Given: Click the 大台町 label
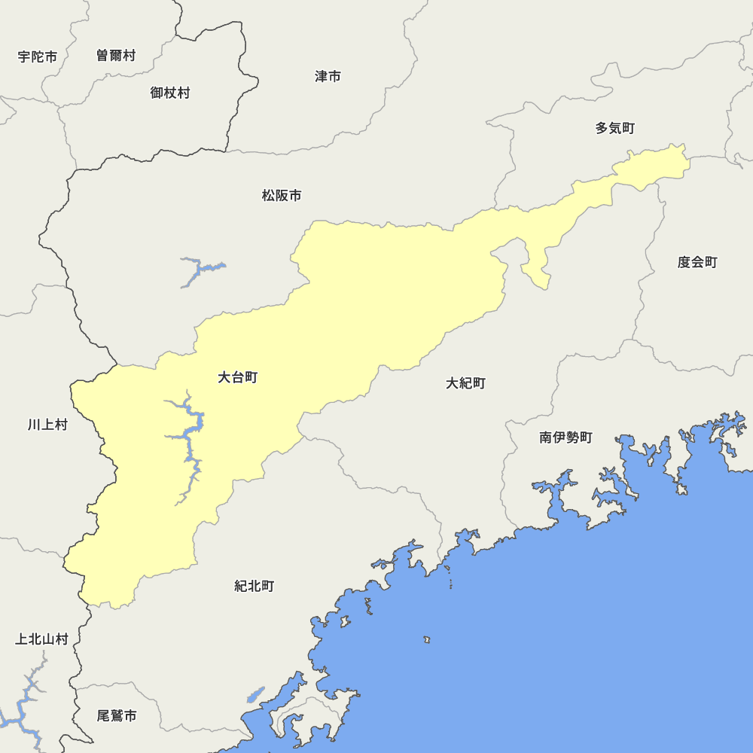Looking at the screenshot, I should tap(237, 377).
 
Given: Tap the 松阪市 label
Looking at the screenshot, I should tap(282, 196).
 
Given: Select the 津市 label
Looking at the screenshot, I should tap(328, 77).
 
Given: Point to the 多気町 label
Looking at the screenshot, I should tap(614, 129).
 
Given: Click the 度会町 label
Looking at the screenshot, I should tap(697, 262).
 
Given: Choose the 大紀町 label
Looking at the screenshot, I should tap(465, 383).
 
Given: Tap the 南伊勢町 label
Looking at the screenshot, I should tap(566, 437).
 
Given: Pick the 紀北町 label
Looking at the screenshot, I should tap(254, 586).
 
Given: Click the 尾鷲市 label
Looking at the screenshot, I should tap(117, 715).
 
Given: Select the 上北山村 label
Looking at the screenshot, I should tap(41, 639).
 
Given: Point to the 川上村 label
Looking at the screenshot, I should tap(47, 425).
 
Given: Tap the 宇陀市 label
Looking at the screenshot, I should tap(38, 56).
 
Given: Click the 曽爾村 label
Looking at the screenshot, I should tap(116, 55).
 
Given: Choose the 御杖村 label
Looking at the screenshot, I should tap(169, 93).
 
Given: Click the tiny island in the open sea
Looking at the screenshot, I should tap(426, 639).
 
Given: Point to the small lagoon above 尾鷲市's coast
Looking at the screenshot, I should tap(256, 694).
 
